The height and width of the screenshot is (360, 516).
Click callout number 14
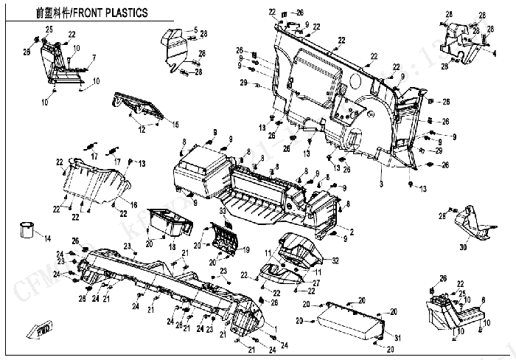click(x=47, y=238)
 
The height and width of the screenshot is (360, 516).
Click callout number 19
click(x=247, y=249)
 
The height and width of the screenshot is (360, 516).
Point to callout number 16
click(x=134, y=204)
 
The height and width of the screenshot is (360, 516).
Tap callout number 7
click(x=94, y=58)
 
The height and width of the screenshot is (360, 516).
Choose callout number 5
click(x=195, y=30)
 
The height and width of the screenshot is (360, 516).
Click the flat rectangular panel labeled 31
click(x=350, y=317)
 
